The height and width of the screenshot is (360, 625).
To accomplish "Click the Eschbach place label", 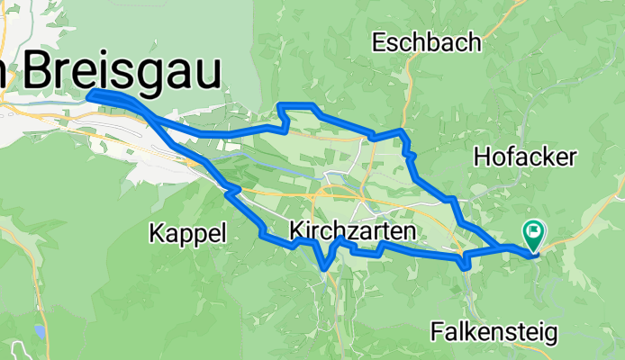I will click(426, 42).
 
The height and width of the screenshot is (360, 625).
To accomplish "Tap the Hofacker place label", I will click(524, 157).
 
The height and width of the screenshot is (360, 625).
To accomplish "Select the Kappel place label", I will click(186, 234).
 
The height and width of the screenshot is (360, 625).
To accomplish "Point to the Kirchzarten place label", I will click(353, 232).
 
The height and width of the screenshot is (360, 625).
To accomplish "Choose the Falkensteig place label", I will click(494, 332).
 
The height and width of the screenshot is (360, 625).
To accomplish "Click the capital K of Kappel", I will click(155, 234).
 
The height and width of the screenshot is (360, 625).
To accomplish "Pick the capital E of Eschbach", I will click(378, 42).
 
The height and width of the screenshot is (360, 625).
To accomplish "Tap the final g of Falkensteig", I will click(549, 335).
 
